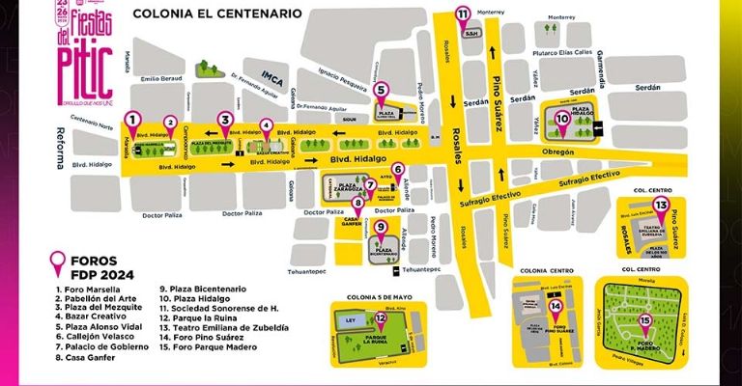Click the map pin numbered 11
point(463,14)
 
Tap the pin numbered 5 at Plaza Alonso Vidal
point(381,91)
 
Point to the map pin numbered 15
point(644,321)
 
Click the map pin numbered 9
point(381,229)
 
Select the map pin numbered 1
point(132,120)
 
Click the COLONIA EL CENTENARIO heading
point(216,14)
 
